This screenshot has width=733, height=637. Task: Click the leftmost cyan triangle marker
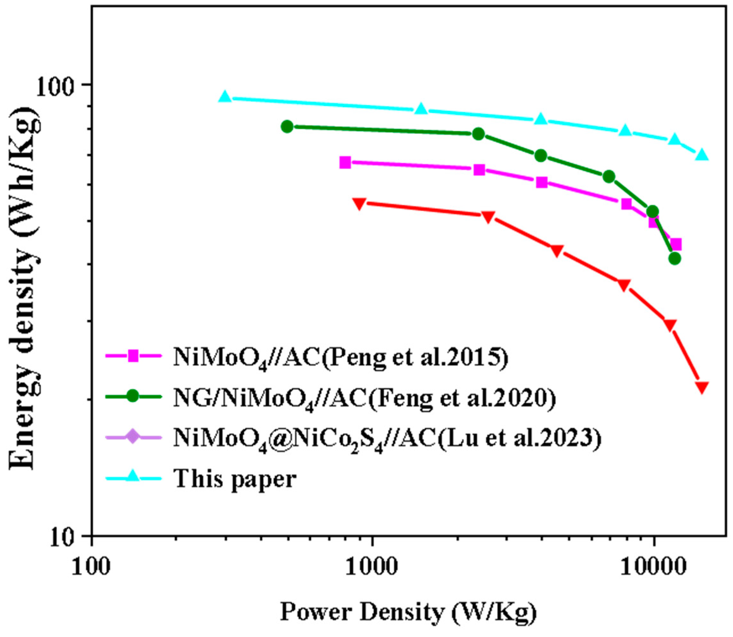[225, 96]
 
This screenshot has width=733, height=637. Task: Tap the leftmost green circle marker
[287, 126]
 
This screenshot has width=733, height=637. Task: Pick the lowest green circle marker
[674, 259]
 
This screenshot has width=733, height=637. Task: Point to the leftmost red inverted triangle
[359, 203]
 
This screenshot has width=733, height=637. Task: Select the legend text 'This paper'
[235, 479]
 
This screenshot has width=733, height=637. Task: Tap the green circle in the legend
[133, 396]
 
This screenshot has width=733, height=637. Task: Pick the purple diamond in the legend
[133, 436]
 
